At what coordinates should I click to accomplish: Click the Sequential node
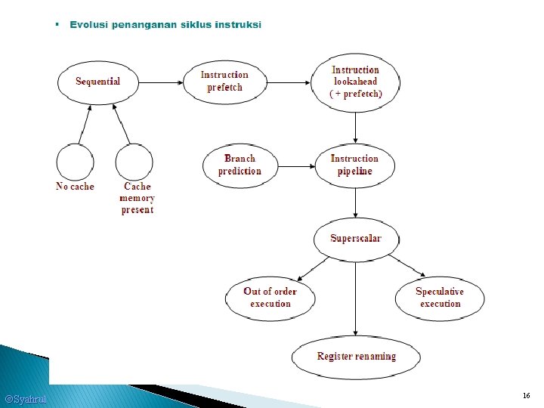(x=97, y=82)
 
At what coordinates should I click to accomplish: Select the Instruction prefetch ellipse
(x=224, y=82)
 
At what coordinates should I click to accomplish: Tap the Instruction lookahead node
(x=356, y=82)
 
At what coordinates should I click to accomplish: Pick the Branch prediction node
(x=240, y=165)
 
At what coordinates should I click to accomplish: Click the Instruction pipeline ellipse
(x=354, y=165)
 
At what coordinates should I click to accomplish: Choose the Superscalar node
(x=356, y=239)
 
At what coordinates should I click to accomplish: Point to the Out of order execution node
(x=270, y=298)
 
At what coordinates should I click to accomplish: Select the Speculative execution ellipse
(x=440, y=298)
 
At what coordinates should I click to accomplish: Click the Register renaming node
(x=356, y=357)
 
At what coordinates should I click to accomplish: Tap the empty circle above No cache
(x=75, y=161)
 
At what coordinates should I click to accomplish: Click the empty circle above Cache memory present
(x=134, y=161)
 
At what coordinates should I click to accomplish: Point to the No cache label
(x=75, y=187)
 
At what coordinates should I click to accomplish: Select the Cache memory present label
(x=137, y=198)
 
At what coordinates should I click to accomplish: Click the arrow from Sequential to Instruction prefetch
(x=162, y=82)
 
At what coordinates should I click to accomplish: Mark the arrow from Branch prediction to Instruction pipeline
(x=295, y=165)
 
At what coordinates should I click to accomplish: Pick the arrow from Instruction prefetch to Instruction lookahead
(x=290, y=82)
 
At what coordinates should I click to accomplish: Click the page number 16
(x=526, y=396)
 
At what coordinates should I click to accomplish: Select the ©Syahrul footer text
(x=26, y=399)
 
